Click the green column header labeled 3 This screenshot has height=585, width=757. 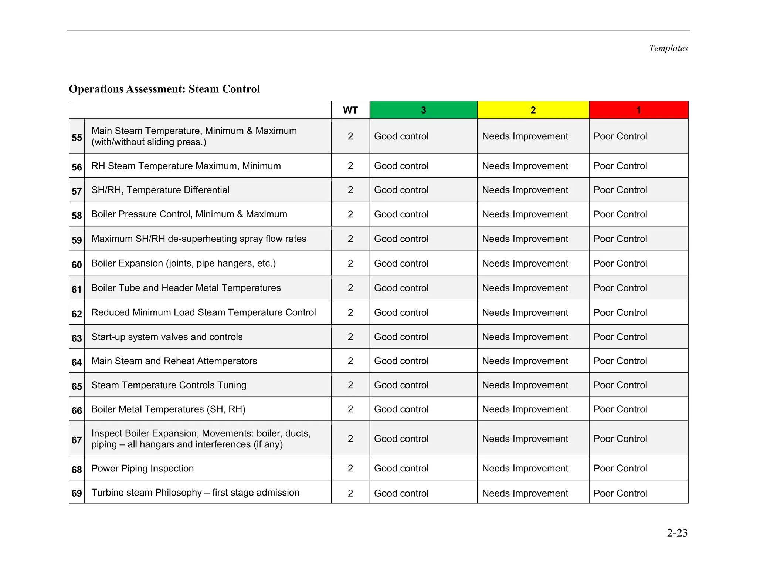coord(423,110)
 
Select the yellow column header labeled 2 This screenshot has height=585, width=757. coord(533,110)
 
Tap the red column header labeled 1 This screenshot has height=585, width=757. coord(638,110)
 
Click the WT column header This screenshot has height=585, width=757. coord(350,110)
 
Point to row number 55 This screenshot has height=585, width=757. coord(77,138)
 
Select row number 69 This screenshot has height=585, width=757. coord(77,493)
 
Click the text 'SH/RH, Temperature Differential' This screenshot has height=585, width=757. coord(160,190)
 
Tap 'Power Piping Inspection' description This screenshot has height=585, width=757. coord(142,469)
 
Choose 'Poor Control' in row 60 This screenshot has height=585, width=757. coord(620,263)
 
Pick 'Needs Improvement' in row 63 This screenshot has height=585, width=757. coord(525,337)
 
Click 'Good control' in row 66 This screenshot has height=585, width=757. coord(401,409)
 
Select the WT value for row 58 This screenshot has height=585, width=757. coord(350,214)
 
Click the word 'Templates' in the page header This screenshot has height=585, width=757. coord(668,48)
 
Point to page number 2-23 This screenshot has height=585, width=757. coord(677,533)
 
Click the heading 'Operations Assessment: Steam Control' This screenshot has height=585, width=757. coord(164,89)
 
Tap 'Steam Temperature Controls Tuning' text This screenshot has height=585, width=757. coord(169,385)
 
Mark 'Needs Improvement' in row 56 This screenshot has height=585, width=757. coord(525,166)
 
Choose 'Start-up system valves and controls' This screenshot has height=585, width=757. coord(167,337)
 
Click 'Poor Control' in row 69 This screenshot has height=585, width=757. coord(620,493)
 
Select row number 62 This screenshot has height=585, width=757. coord(77,314)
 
